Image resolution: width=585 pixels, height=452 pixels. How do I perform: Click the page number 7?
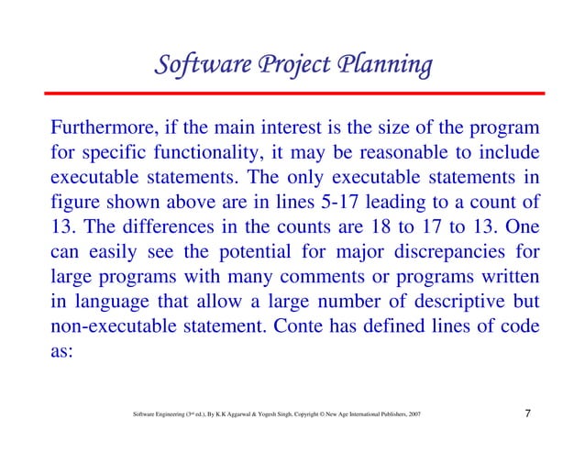pyautogui.click(x=528, y=414)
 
